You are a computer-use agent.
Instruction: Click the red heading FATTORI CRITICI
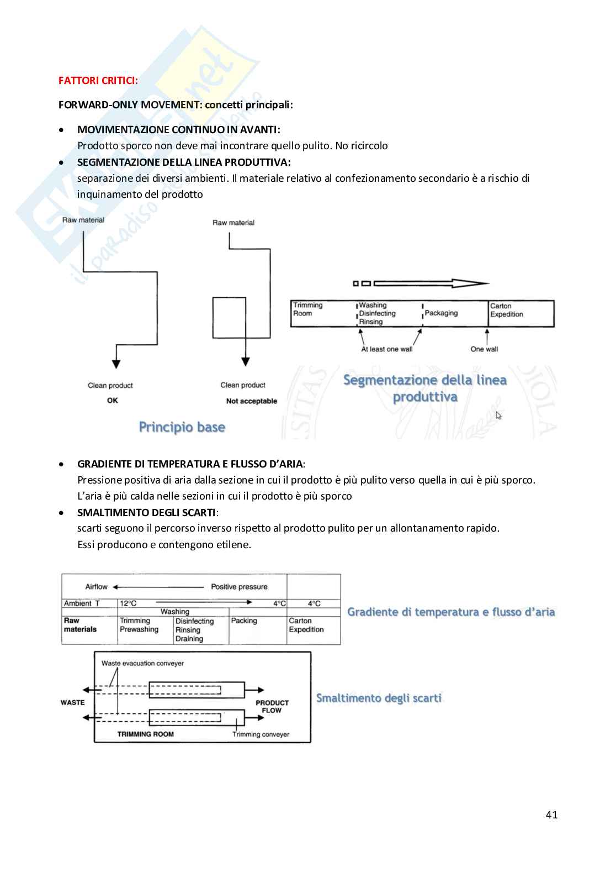point(98,81)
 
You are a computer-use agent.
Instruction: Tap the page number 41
point(551,815)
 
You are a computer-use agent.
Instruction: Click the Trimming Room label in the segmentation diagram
point(307,309)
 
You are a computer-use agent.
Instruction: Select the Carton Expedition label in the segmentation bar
point(506,310)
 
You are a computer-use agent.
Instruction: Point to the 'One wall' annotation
point(484,349)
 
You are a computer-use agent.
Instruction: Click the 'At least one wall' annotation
point(386,349)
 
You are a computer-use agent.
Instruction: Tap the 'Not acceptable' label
point(252,401)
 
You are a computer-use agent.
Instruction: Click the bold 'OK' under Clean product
point(113,401)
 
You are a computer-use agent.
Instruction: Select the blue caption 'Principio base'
point(182,427)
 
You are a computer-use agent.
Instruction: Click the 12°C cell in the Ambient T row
point(128,603)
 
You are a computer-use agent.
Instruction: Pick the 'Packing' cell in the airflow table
point(244,621)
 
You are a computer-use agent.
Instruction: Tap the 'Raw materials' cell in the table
point(80,625)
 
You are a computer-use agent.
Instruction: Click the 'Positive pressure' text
point(239,587)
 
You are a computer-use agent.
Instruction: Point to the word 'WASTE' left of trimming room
point(72,702)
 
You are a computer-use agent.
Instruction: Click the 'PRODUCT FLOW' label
point(272,707)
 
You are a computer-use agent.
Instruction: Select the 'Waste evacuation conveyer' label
point(142,663)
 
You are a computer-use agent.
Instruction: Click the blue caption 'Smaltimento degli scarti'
point(379,698)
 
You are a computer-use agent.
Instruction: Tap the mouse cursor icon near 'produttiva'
point(498,416)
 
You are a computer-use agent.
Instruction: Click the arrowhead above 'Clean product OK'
point(116,363)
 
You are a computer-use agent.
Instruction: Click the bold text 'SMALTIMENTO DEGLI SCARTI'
point(146,512)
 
